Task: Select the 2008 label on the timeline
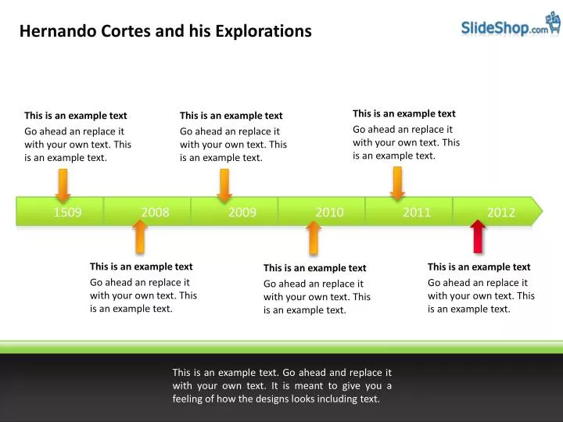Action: pyautogui.click(x=155, y=212)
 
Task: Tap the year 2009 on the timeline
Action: pyautogui.click(x=242, y=212)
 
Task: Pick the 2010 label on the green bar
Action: pyautogui.click(x=329, y=212)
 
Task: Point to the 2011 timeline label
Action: pyautogui.click(x=417, y=212)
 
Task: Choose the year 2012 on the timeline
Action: pyautogui.click(x=501, y=212)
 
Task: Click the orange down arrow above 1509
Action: pyautogui.click(x=63, y=186)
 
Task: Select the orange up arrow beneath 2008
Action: pyautogui.click(x=139, y=236)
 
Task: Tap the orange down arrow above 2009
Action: pyautogui.click(x=224, y=186)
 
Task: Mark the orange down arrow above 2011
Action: pyautogui.click(x=397, y=184)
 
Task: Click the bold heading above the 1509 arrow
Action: pyautogui.click(x=75, y=116)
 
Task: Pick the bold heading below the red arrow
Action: pyautogui.click(x=479, y=266)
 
